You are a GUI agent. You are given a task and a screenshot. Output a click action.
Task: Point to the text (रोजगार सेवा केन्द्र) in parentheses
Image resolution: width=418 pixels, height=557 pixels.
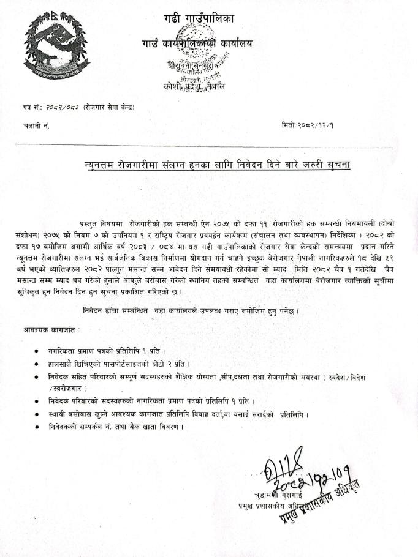click(x=109, y=108)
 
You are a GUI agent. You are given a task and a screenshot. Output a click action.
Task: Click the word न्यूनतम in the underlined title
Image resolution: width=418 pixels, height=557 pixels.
click(x=101, y=165)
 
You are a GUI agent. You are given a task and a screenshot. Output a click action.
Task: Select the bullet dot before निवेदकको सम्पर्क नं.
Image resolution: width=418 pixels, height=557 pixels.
click(x=39, y=426)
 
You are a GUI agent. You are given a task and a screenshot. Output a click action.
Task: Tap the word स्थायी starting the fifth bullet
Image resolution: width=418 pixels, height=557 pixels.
click(x=58, y=414)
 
